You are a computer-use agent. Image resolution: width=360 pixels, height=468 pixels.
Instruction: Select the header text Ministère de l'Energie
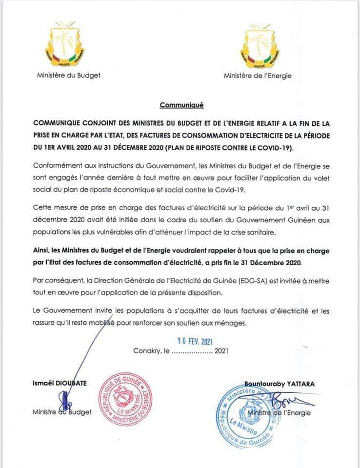click(x=258, y=76)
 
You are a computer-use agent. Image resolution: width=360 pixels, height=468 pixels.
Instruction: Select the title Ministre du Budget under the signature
click(x=62, y=412)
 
